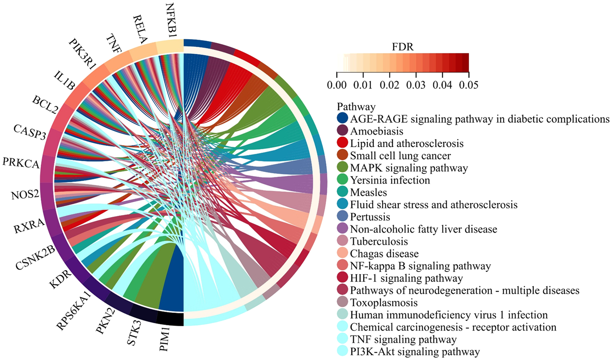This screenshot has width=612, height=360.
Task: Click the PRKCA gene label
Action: (21, 163)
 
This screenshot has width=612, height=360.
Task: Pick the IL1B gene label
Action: (65, 80)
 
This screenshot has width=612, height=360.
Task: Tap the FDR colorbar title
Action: (403, 47)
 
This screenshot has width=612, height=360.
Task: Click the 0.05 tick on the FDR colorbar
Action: (469, 85)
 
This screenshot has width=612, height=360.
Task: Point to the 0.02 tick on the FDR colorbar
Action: (390, 85)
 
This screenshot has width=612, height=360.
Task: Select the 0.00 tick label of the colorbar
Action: (337, 85)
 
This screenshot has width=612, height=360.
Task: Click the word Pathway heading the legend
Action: (356, 107)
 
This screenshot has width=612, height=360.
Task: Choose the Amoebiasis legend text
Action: (377, 131)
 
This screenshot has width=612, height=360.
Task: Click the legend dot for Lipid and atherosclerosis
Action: (342, 143)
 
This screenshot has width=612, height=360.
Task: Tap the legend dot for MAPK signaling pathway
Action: (342, 168)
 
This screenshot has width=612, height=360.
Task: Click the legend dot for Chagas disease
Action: (342, 253)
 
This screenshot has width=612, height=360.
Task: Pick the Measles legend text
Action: (368, 192)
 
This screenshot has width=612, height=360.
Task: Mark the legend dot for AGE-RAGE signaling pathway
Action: (342, 119)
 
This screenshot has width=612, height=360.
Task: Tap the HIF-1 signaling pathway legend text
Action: (406, 278)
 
